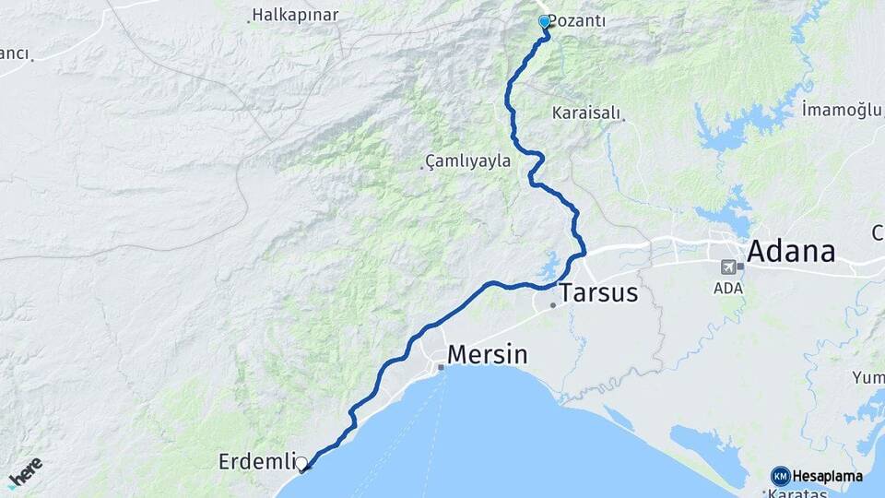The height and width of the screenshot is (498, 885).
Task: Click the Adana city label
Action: (x=791, y=251)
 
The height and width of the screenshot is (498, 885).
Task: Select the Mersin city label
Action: (x=488, y=354)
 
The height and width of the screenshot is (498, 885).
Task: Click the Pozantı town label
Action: (x=579, y=21)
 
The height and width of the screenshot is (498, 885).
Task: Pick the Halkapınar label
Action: (x=296, y=15)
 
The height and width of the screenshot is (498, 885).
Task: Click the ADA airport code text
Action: (x=728, y=288)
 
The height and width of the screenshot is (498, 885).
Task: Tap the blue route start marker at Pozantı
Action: (x=544, y=21)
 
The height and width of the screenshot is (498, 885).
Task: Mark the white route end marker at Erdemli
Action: (x=301, y=463)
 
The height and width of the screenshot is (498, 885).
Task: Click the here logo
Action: (x=25, y=472)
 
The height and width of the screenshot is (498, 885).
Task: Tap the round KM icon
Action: (x=780, y=476)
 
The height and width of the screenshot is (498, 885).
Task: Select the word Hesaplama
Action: (x=828, y=476)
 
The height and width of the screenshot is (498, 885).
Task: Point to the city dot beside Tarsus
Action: (x=553, y=305)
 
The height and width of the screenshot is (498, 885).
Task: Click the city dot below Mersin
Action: (x=442, y=367)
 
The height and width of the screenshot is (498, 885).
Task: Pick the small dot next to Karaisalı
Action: (x=622, y=119)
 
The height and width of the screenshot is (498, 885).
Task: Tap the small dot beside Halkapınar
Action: (x=250, y=19)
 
